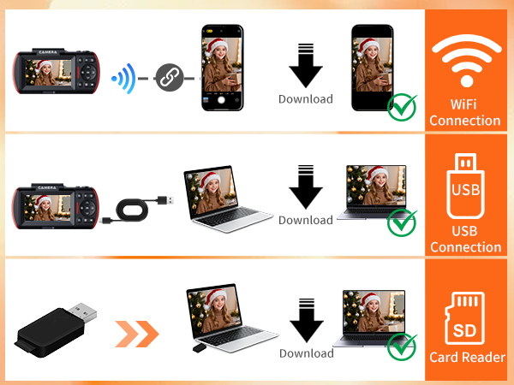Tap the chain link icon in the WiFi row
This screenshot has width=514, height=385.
(x=170, y=79)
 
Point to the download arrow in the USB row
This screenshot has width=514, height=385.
(x=305, y=190)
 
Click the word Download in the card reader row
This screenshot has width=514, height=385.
(x=306, y=353)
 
